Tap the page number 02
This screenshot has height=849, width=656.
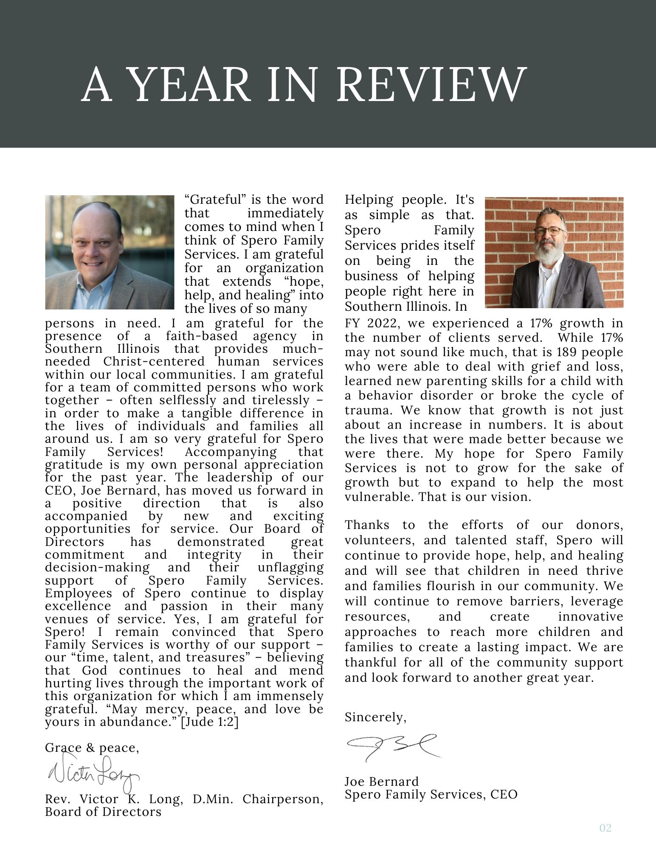click(605, 827)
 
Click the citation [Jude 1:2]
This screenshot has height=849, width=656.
click(210, 722)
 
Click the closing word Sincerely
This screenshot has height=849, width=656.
click(375, 717)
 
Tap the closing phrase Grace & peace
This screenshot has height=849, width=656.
click(92, 748)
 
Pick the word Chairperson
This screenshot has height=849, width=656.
click(283, 799)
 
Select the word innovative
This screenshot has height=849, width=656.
click(590, 616)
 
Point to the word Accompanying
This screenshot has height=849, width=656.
click(231, 452)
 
